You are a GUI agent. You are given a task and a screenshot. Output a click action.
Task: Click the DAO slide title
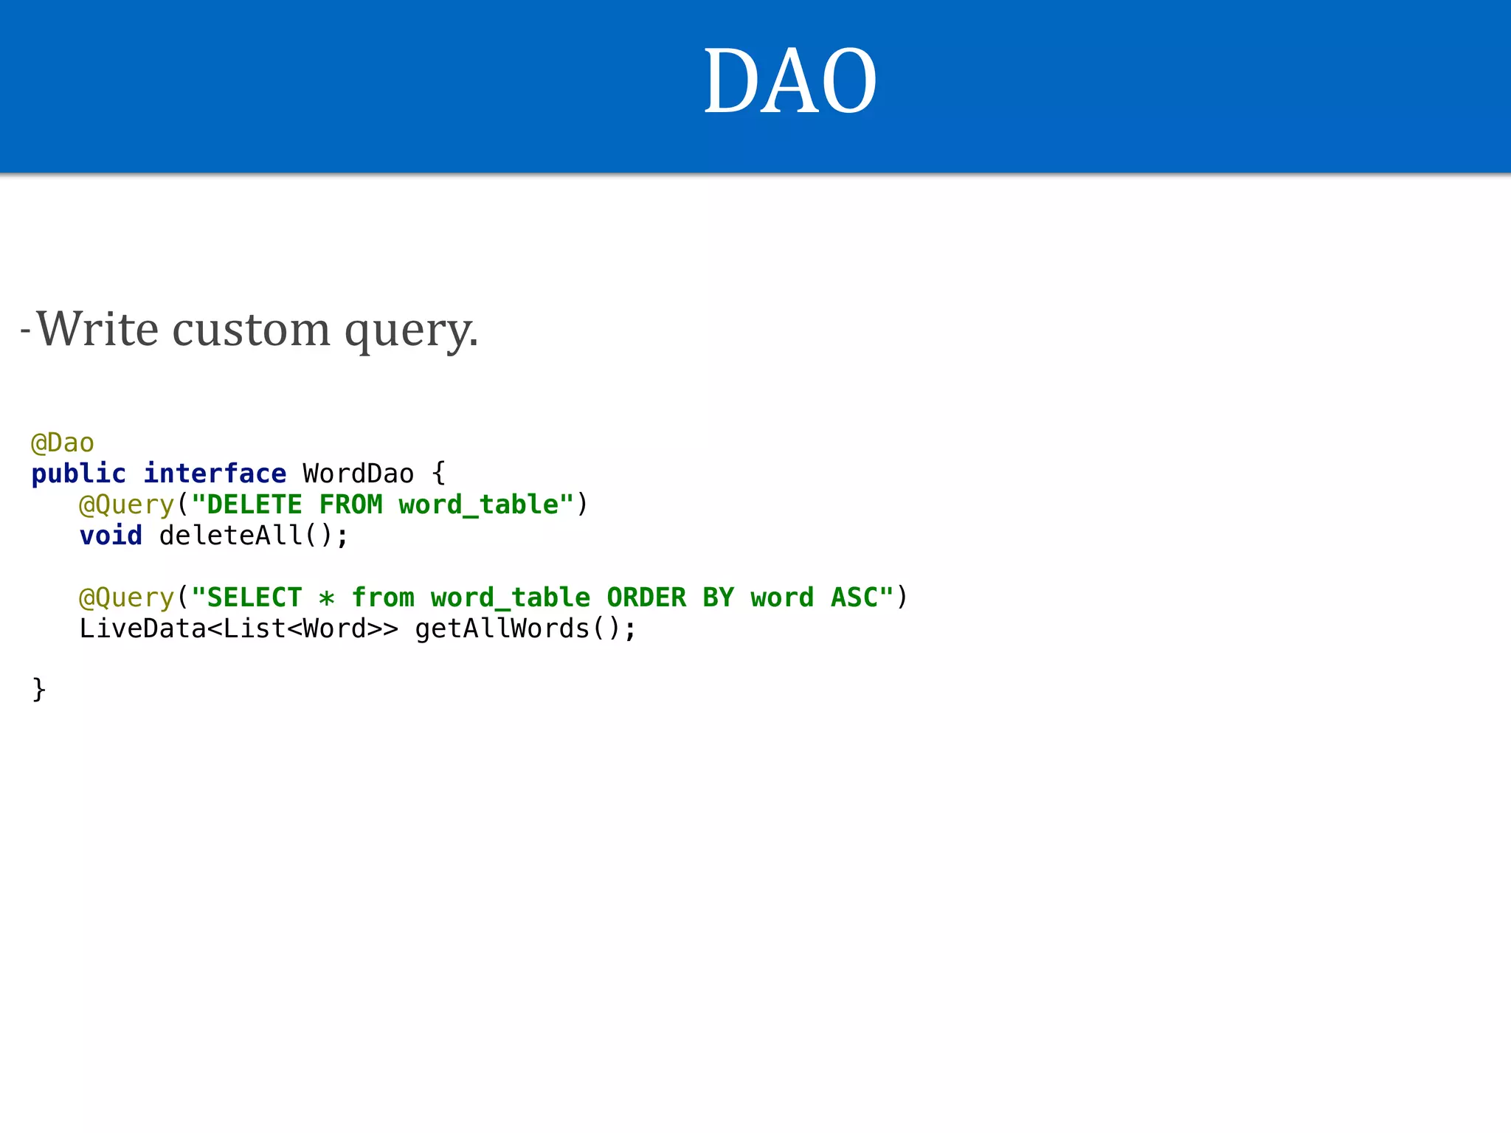point(789,81)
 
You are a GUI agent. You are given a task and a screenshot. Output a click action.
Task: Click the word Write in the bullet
point(97,329)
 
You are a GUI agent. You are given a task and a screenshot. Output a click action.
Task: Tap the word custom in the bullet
point(251,329)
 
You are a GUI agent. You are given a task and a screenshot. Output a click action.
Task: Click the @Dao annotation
point(63,443)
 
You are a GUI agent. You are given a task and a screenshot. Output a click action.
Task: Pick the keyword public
point(78,474)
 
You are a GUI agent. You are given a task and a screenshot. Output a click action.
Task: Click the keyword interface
point(215,474)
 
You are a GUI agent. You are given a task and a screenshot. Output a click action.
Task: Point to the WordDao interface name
point(358,474)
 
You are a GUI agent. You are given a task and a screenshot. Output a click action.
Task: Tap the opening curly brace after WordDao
point(439,474)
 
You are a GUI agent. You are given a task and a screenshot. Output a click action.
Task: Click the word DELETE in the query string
point(255,505)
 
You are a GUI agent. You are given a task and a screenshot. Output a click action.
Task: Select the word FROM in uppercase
point(350,505)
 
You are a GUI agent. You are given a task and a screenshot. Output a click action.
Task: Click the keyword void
point(111,536)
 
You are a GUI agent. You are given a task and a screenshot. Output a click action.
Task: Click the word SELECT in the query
point(255,597)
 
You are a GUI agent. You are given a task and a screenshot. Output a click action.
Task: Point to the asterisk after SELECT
point(327,597)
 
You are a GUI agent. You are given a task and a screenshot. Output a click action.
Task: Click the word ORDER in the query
point(646,597)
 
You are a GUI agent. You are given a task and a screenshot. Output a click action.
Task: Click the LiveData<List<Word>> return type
point(238,628)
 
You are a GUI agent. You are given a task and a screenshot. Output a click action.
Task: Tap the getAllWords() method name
point(516,628)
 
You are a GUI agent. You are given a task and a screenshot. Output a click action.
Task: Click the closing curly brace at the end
point(39,690)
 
